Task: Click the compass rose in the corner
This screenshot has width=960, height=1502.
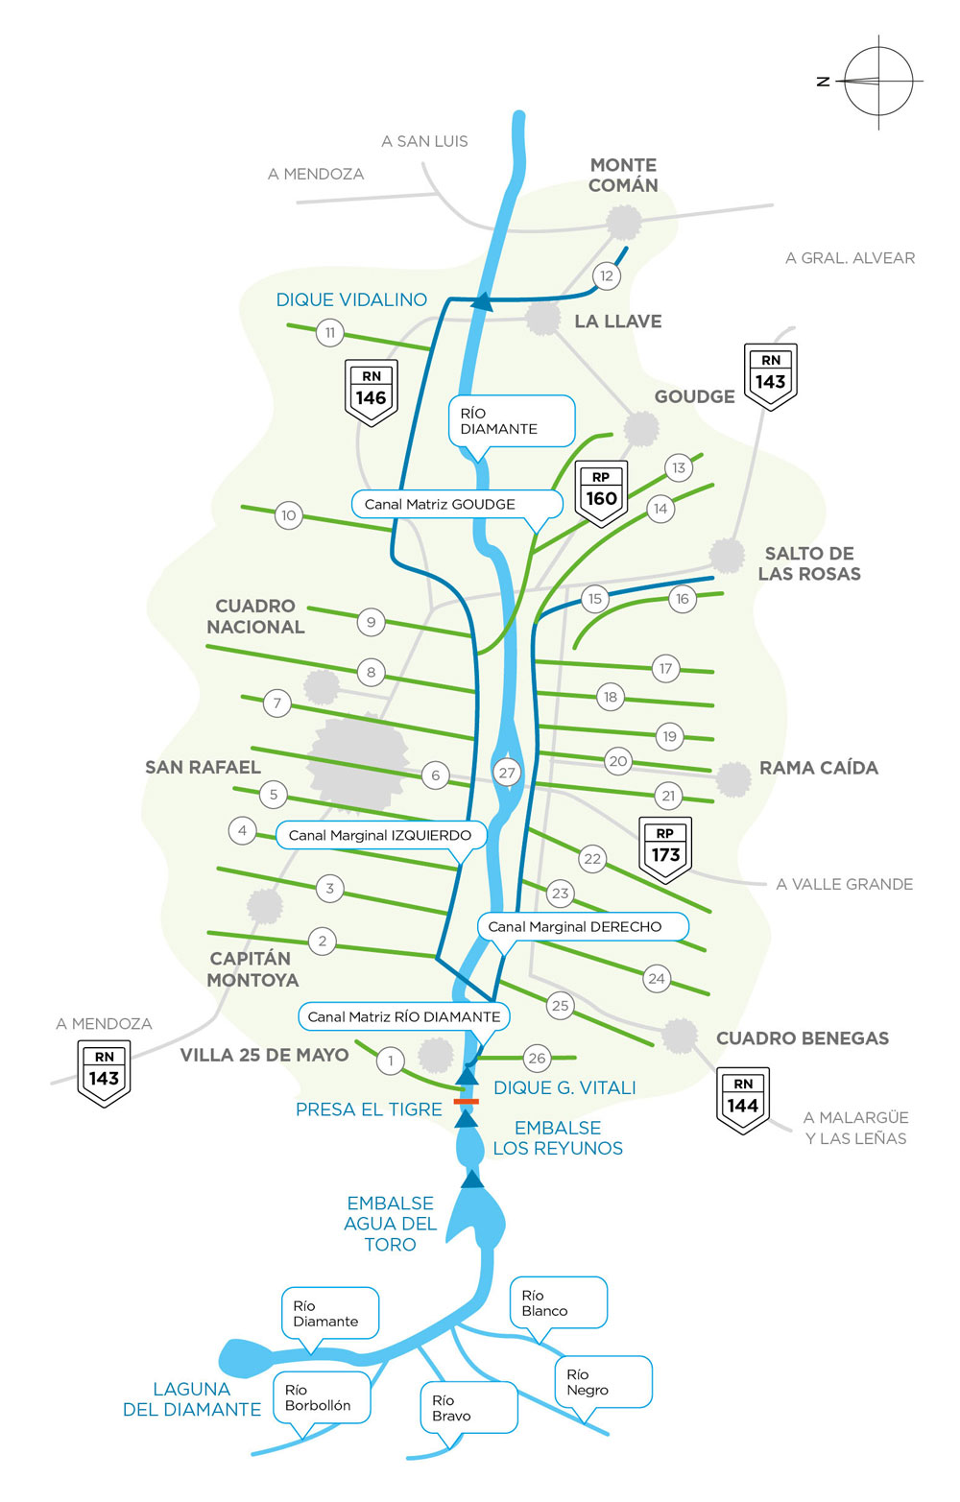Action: click(877, 82)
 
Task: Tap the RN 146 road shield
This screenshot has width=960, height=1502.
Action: click(371, 392)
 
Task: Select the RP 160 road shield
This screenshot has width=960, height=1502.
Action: click(601, 492)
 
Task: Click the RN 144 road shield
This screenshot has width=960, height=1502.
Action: click(743, 1099)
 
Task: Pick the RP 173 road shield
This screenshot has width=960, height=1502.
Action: click(665, 848)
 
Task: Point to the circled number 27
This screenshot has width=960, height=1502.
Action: click(507, 773)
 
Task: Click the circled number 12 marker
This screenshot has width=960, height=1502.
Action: click(606, 276)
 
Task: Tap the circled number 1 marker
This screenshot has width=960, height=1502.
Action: click(390, 1061)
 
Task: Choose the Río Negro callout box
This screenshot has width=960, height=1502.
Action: click(602, 1382)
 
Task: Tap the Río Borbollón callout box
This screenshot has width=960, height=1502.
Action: click(321, 1397)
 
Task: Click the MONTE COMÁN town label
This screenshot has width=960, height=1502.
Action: click(623, 176)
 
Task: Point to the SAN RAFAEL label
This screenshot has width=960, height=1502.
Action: click(203, 767)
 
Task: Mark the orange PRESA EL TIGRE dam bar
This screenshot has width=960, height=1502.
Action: click(467, 1102)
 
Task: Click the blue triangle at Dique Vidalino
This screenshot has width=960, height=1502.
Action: click(482, 303)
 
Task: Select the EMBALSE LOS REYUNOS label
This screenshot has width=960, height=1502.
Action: click(558, 1138)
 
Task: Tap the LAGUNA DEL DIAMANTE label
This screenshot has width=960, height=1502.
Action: click(192, 1399)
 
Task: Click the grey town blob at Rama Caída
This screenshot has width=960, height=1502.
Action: click(733, 778)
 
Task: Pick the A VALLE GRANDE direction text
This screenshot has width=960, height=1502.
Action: click(844, 884)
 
